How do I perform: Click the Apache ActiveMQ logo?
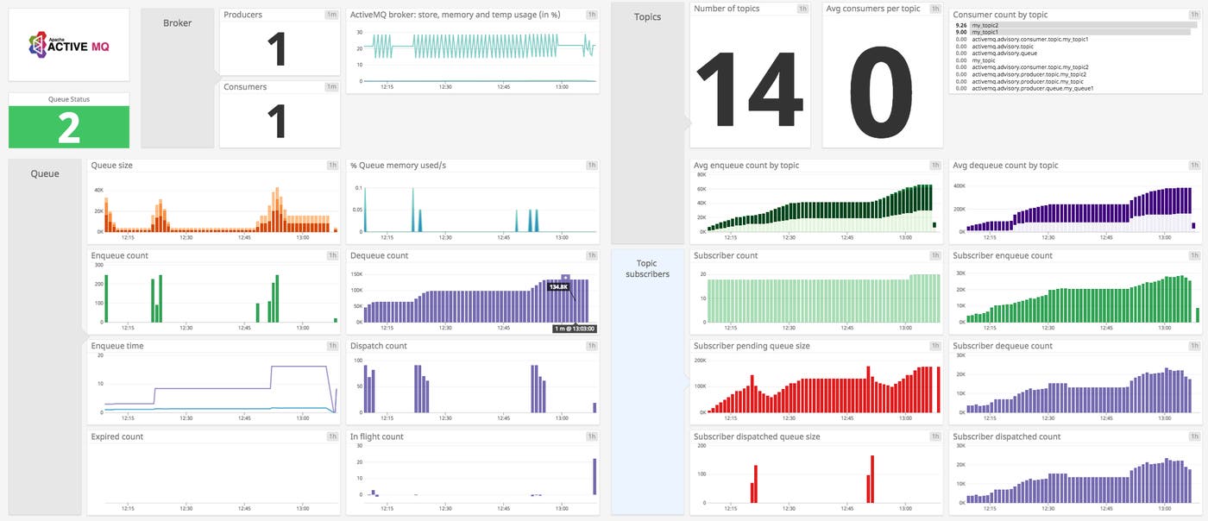69,45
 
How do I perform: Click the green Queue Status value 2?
69,128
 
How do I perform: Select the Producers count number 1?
276,49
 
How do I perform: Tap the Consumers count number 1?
276,121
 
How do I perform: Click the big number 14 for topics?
749,91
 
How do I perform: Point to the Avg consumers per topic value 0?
881,91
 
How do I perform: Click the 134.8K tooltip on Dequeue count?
557,286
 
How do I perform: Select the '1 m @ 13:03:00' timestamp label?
574,328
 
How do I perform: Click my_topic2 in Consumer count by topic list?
988,26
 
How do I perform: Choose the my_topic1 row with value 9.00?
988,33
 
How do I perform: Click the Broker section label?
177,23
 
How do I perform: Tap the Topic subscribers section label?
652,268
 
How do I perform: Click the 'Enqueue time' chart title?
118,346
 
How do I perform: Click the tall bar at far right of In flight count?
595,477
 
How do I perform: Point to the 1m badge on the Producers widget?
331,15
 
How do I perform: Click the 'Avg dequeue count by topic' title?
1005,165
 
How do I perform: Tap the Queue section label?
45,173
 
